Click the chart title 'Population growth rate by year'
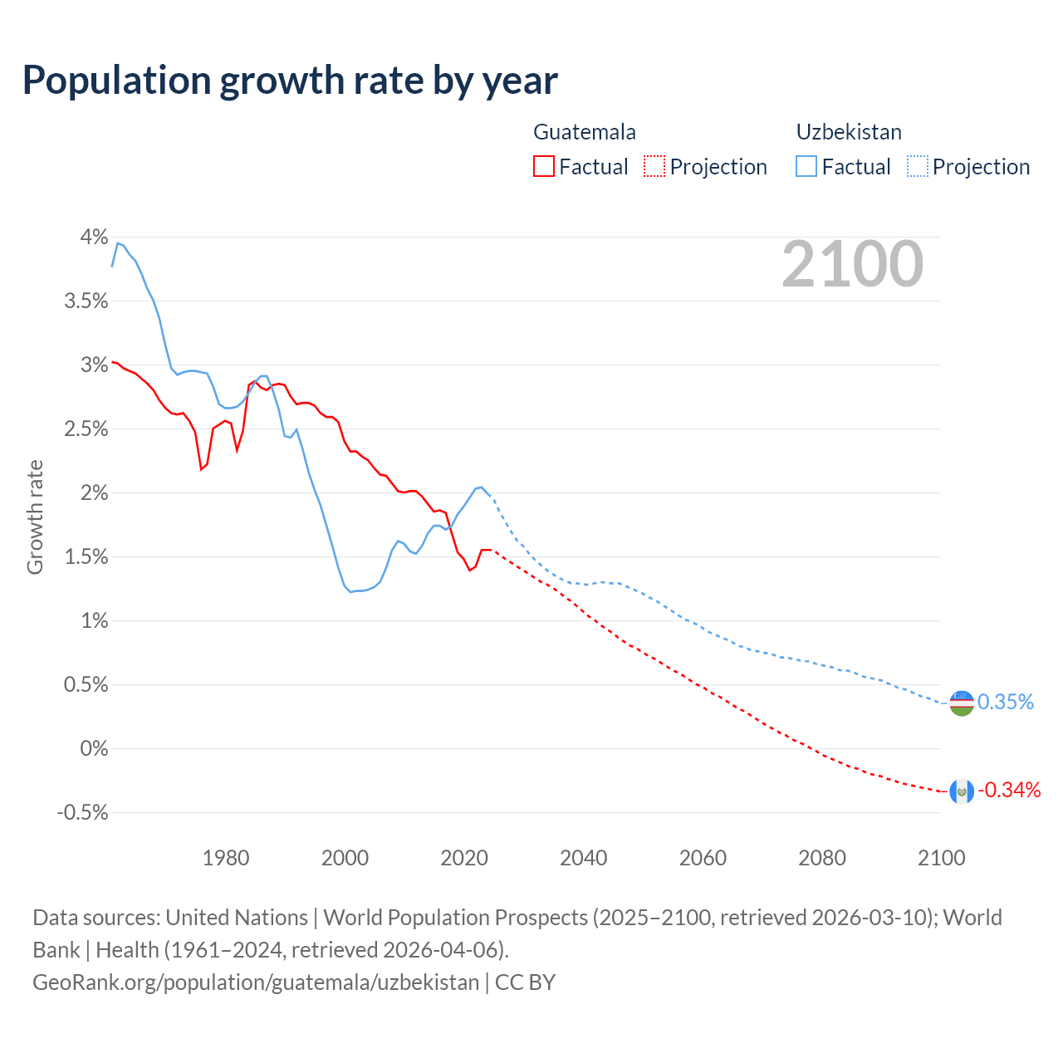(290, 81)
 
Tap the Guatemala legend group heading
(584, 132)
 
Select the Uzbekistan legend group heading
(848, 132)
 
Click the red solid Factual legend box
(544, 167)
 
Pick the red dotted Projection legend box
(654, 167)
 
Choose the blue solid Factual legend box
(806, 167)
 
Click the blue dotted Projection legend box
(917, 167)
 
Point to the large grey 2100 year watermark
(852, 264)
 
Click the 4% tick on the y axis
(94, 238)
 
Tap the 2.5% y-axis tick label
(86, 429)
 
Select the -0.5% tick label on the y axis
(82, 813)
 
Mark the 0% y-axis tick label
(94, 749)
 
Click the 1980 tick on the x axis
(226, 858)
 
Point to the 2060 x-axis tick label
(703, 858)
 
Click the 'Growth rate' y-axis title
(35, 517)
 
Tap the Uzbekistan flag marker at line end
(961, 703)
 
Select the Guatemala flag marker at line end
(961, 791)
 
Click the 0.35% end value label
(1005, 703)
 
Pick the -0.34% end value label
(1009, 791)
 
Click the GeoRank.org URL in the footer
(256, 982)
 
